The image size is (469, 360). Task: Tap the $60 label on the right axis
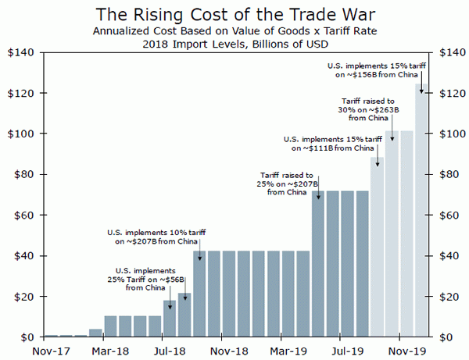[453, 216]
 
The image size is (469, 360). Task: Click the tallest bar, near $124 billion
[422, 211]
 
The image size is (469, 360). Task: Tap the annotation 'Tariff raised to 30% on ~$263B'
[368, 110]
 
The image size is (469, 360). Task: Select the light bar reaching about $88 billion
[378, 247]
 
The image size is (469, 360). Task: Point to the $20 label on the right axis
[453, 297]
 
